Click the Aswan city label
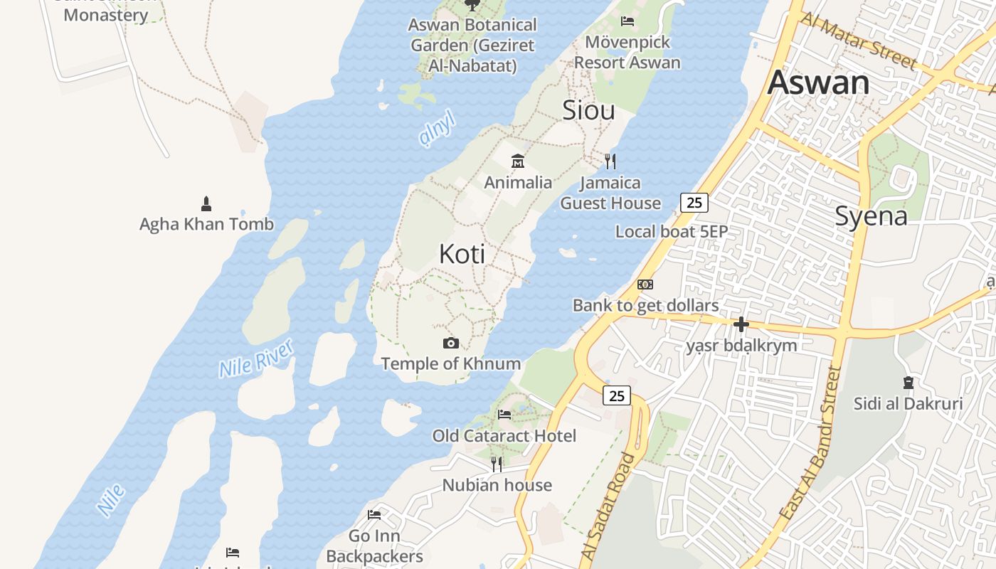pyautogui.click(x=818, y=83)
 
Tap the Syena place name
pyautogui.click(x=871, y=216)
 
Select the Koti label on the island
pyautogui.click(x=462, y=254)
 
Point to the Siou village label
pyautogui.click(x=588, y=110)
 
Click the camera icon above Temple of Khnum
pyautogui.click(x=450, y=344)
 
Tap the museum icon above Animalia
pyautogui.click(x=518, y=161)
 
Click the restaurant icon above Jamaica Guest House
pyautogui.click(x=610, y=161)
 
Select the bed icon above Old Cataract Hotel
pyautogui.click(x=504, y=415)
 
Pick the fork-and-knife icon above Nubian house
pyautogui.click(x=497, y=464)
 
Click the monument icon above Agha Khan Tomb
pyautogui.click(x=206, y=204)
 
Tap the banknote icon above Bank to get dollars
pyautogui.click(x=645, y=284)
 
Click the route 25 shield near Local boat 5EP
pyautogui.click(x=694, y=203)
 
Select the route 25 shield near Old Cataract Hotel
pyautogui.click(x=617, y=395)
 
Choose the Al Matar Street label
pyautogui.click(x=859, y=41)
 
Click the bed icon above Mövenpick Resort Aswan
pyautogui.click(x=627, y=21)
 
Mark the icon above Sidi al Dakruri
pyautogui.click(x=908, y=383)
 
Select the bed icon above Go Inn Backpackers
pyautogui.click(x=374, y=515)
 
